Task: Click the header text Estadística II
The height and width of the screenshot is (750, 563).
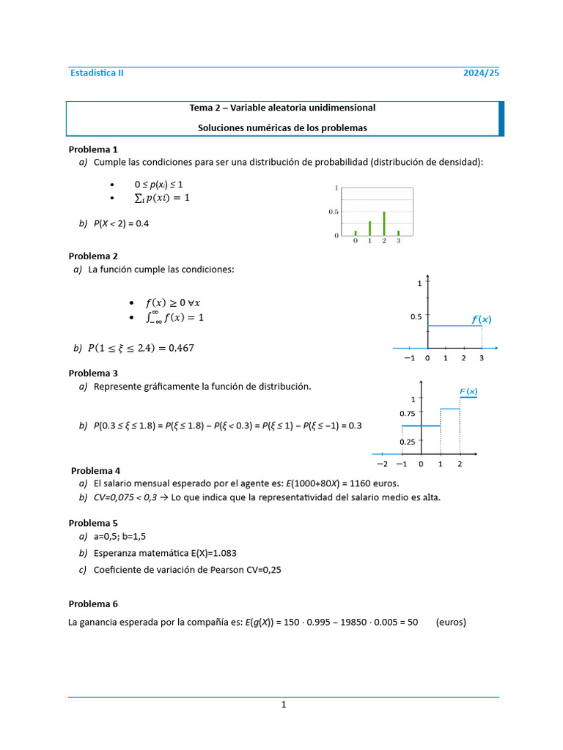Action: (x=97, y=73)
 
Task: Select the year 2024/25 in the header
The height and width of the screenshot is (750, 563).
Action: (x=481, y=73)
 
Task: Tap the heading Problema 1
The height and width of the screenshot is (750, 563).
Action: (x=93, y=149)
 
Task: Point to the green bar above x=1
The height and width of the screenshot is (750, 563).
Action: (x=369, y=228)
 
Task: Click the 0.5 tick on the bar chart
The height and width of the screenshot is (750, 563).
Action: (x=334, y=212)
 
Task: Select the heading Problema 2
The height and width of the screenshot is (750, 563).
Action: (x=93, y=256)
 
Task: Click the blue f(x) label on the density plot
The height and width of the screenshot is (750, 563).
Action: (x=481, y=319)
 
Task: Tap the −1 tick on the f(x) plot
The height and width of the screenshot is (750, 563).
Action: (x=408, y=359)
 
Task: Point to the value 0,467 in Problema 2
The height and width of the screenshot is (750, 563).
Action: (x=181, y=349)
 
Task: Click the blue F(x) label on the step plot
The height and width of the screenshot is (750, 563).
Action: (x=468, y=392)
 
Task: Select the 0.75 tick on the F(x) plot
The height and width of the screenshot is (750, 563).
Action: (x=407, y=414)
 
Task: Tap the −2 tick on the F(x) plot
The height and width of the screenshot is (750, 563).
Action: (x=382, y=464)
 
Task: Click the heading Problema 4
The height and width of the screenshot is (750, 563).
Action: (x=95, y=470)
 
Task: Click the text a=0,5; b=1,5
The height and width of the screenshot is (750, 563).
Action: (x=119, y=536)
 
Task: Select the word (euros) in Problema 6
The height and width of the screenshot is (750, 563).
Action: (x=451, y=623)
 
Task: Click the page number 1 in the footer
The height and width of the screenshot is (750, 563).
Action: (x=283, y=705)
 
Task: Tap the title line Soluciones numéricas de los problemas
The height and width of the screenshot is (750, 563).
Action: (x=282, y=127)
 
